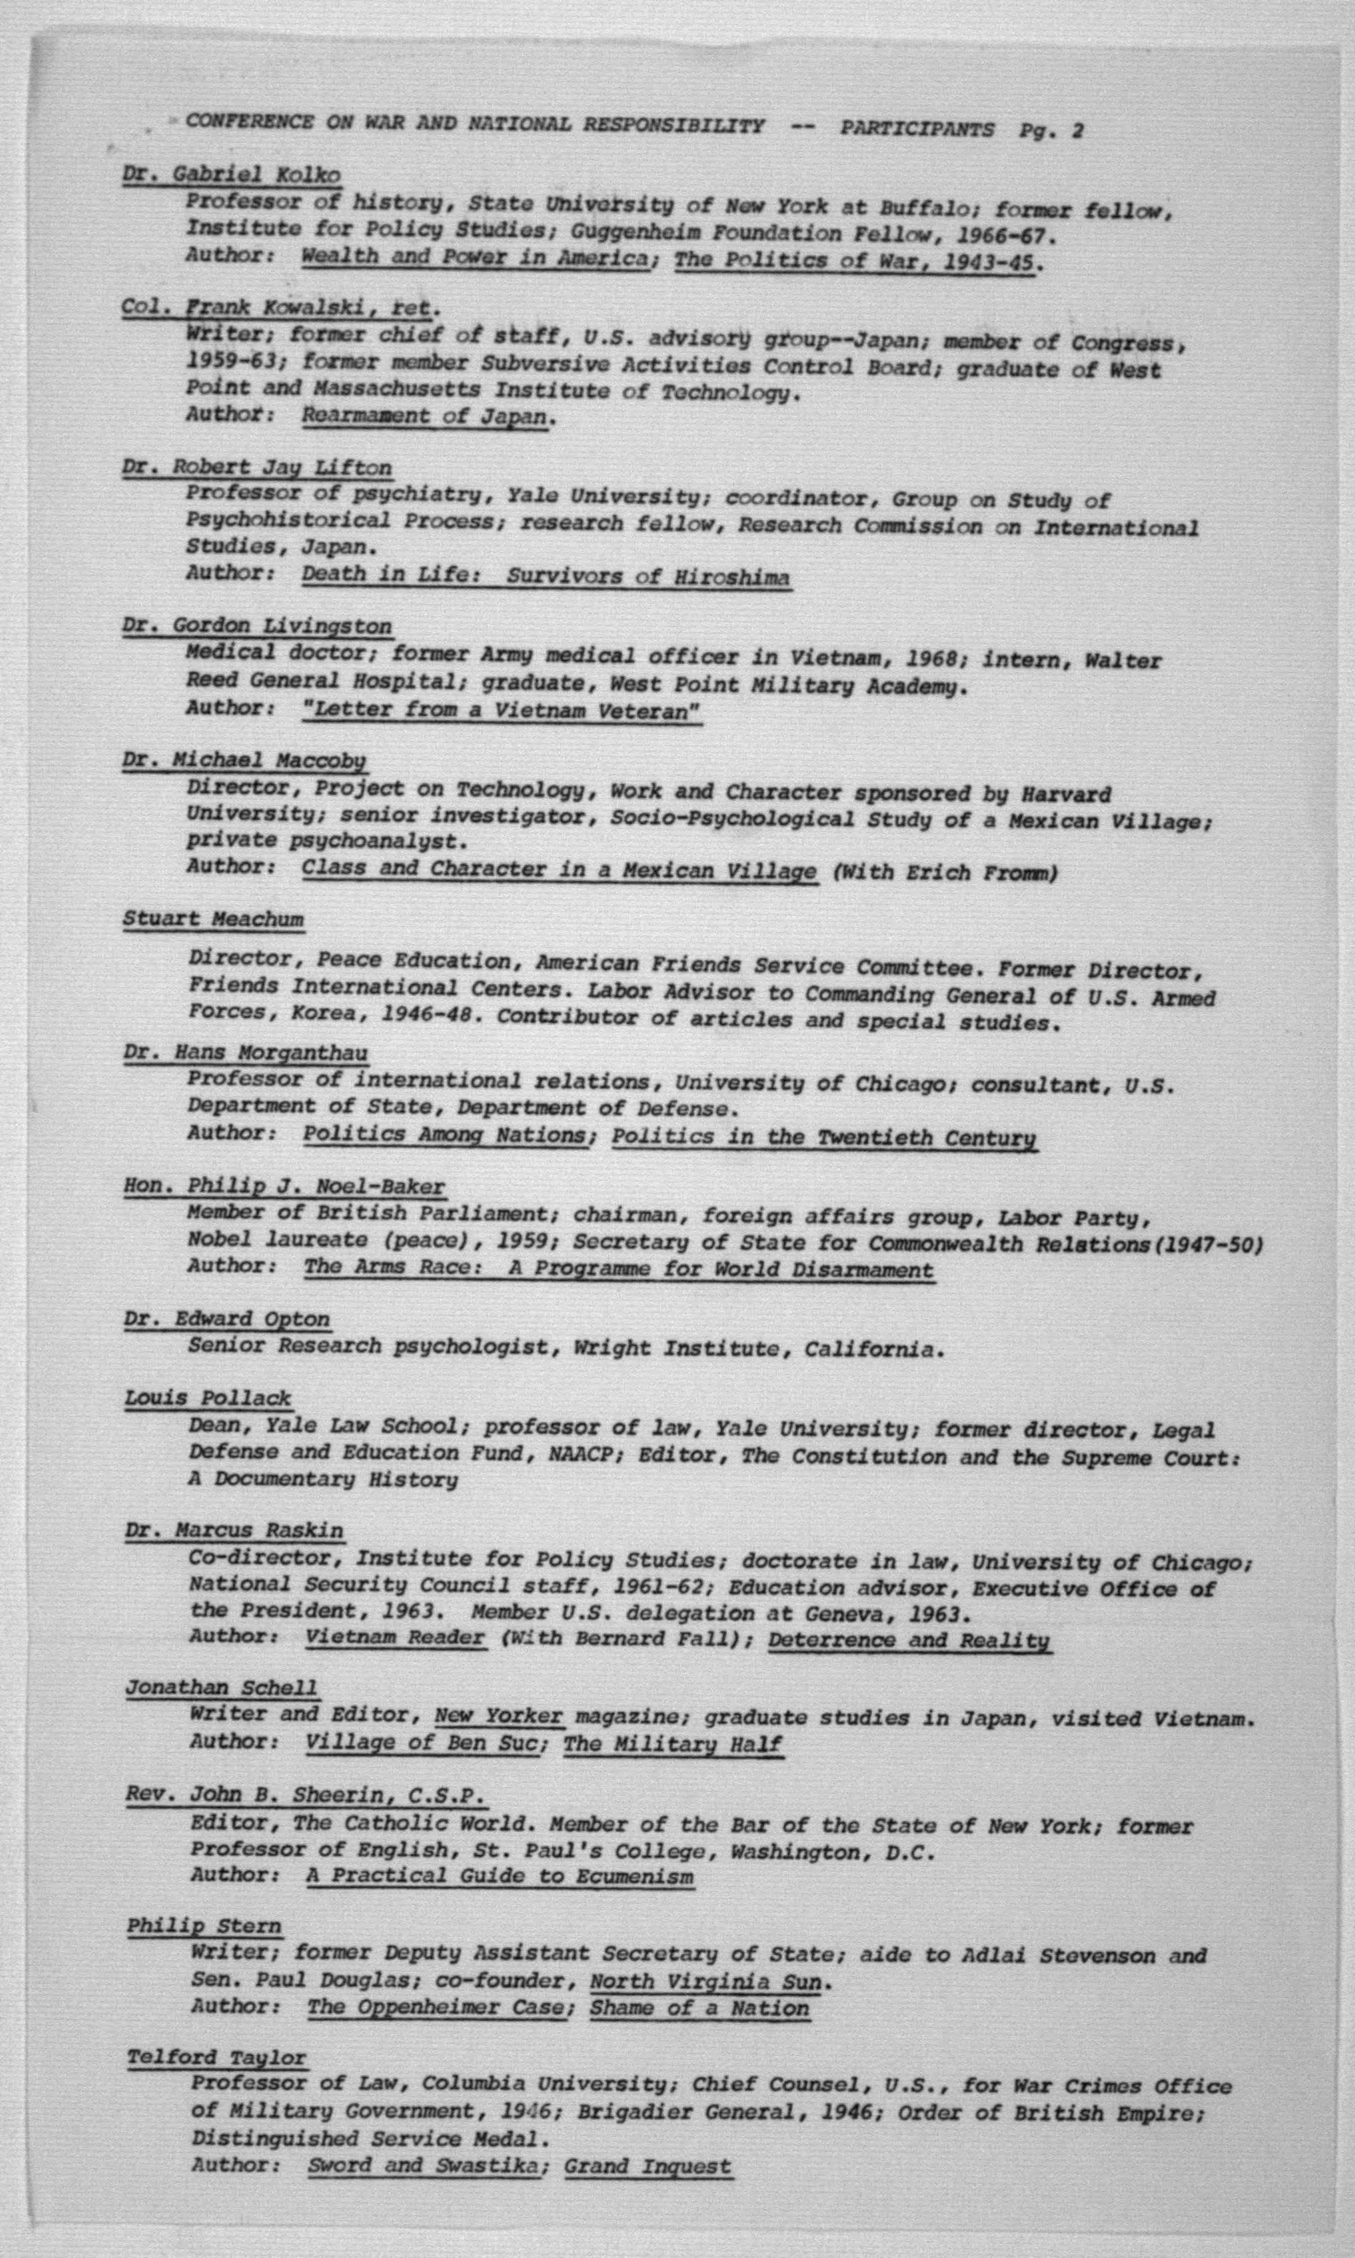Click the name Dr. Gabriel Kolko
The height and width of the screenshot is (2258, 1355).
231,174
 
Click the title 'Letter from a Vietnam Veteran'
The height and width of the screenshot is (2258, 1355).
501,710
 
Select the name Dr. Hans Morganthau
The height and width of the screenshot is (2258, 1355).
246,1053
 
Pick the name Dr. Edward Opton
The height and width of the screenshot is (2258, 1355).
226,1319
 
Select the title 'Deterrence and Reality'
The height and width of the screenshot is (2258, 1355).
908,1640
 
